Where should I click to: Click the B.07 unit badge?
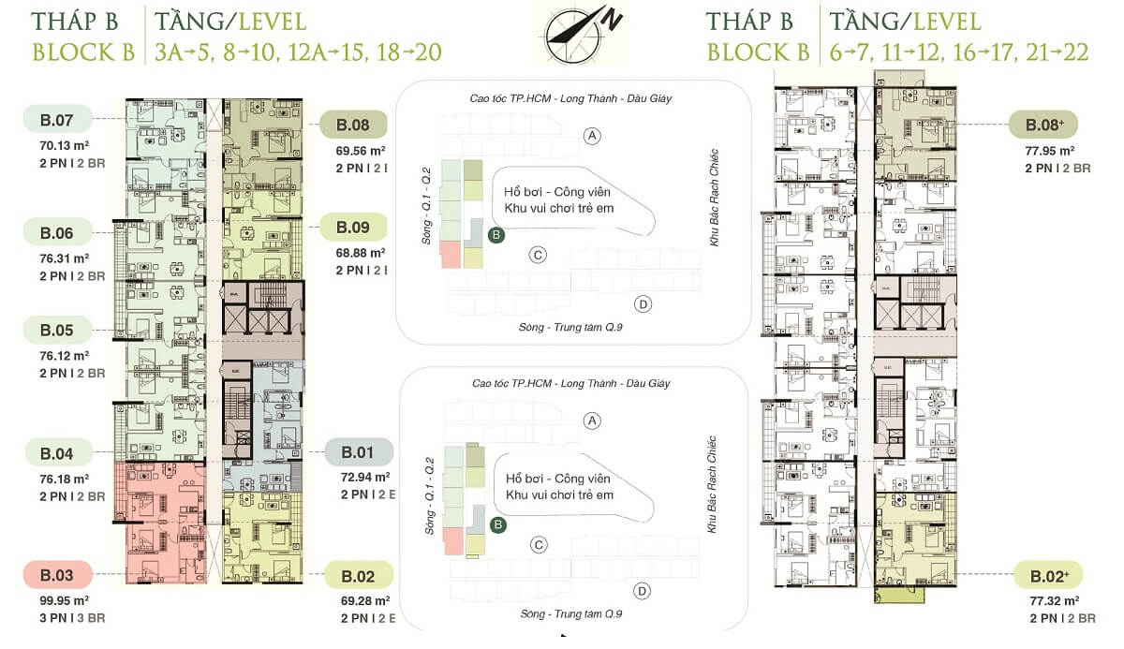point(57,119)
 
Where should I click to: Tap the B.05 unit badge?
point(57,330)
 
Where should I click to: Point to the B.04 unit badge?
point(57,453)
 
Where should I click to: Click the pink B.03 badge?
point(57,574)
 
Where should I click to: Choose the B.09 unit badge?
point(356,228)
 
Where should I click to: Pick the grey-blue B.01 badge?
point(357,453)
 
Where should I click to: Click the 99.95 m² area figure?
point(64,599)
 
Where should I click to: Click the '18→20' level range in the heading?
point(410,52)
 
